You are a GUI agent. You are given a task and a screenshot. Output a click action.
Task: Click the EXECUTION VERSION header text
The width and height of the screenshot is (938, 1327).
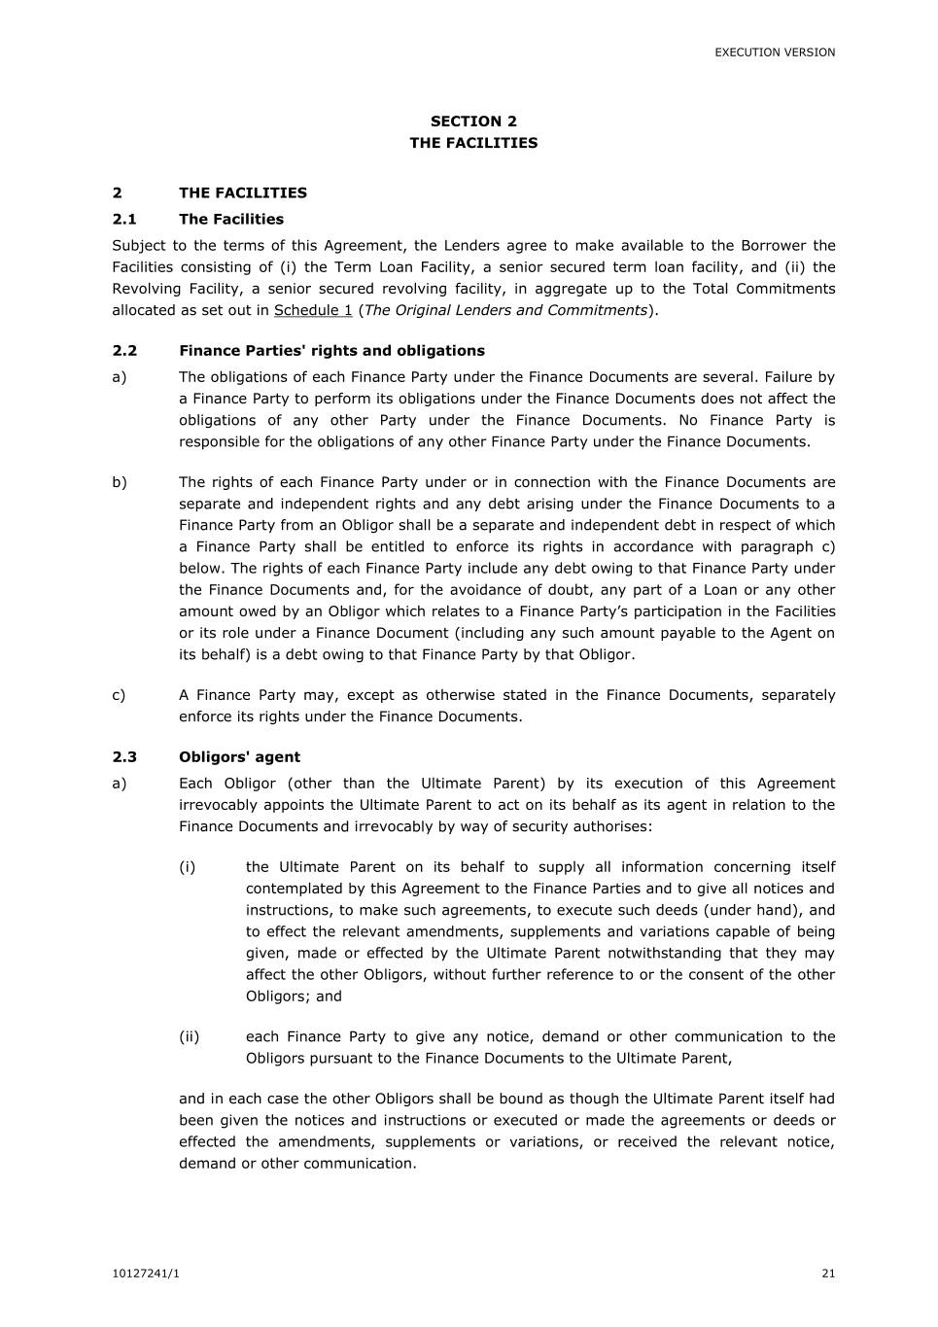coord(775,52)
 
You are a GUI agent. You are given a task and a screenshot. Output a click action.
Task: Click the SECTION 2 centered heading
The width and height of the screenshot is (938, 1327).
coord(473,122)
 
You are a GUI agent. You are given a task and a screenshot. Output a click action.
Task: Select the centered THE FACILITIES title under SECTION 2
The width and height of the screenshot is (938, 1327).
coord(473,143)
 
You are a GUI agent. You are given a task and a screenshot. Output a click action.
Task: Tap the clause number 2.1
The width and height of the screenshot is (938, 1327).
coord(124,220)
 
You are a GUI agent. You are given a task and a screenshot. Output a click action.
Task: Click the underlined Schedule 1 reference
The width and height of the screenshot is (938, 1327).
coord(313,310)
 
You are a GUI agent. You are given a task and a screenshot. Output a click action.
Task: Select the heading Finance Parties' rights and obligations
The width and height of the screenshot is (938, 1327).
coord(331,351)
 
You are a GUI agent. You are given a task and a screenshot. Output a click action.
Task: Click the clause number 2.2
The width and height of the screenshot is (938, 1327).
coord(124,351)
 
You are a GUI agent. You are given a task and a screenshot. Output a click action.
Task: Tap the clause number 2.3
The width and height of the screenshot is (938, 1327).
coord(124,757)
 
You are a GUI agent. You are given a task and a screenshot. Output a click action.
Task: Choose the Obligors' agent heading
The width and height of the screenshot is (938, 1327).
coord(239,757)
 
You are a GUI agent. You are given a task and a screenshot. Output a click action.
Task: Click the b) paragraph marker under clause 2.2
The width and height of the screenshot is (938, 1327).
coord(120,482)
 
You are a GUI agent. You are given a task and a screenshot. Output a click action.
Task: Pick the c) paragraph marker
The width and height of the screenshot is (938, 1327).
coord(119,695)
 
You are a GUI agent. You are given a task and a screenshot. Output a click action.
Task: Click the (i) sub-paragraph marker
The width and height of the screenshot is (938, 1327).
coord(187,867)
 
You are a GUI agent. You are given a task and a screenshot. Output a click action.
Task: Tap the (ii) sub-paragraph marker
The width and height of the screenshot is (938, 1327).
coord(189,1036)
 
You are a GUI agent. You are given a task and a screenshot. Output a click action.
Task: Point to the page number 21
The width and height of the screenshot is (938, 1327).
coord(828,1274)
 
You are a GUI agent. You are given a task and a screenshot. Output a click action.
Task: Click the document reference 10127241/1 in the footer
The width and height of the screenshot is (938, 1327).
coord(146,1274)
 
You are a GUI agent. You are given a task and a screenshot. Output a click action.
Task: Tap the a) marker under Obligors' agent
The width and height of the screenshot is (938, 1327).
coord(120,784)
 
